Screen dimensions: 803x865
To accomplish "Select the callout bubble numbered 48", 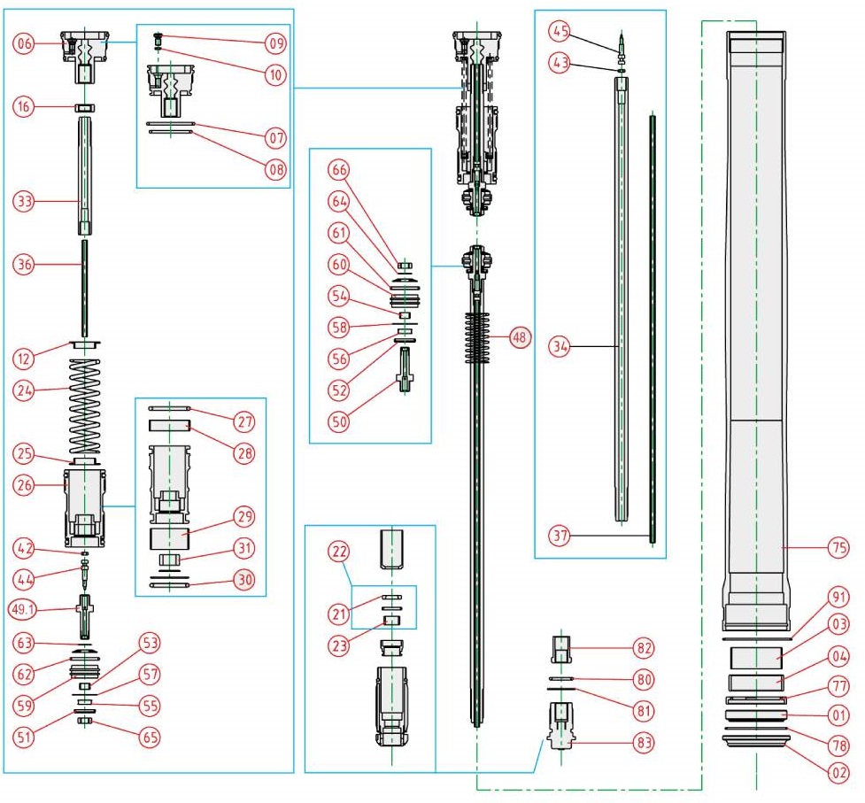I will click(520, 338).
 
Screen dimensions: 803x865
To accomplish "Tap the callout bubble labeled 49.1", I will click(23, 609).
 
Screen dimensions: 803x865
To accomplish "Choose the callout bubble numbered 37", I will click(559, 535).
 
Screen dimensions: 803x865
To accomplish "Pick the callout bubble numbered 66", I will click(339, 168).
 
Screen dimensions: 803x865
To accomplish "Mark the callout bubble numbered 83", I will click(644, 739).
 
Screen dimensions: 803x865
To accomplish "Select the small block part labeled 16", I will click(84, 108).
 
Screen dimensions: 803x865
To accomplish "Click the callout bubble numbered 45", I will click(559, 31).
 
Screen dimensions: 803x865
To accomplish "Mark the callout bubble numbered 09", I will click(274, 42).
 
